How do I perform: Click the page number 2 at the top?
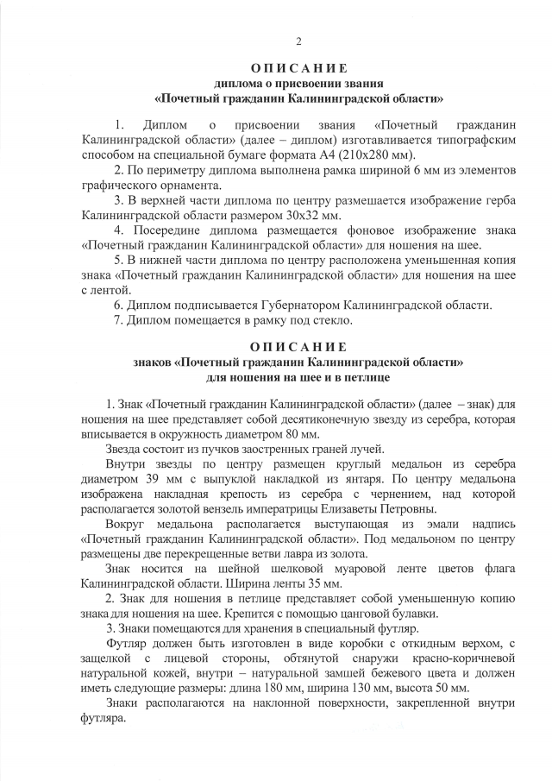[298, 41]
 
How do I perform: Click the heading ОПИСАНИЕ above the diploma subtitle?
[298, 68]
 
